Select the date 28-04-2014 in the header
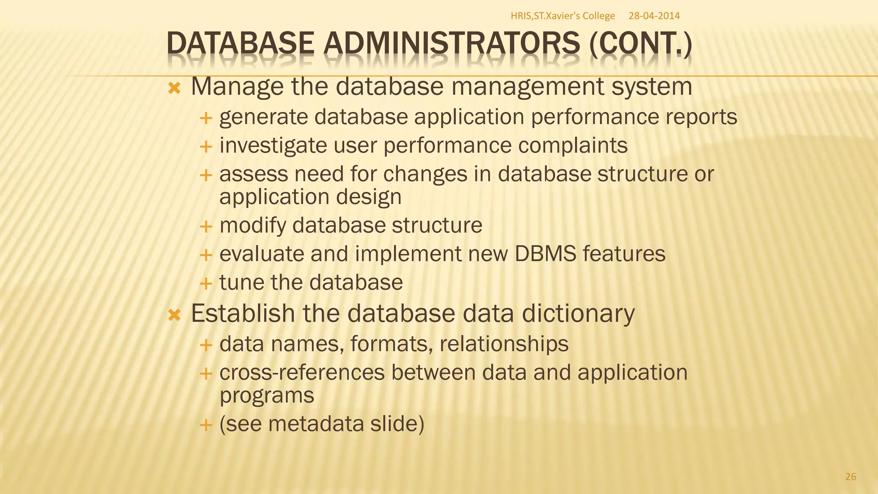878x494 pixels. [654, 16]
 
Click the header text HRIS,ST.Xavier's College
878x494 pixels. [562, 16]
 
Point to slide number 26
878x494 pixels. [851, 476]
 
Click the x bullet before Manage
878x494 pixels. [174, 89]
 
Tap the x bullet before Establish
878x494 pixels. [174, 316]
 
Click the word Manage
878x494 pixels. [237, 87]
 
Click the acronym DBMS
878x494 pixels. [545, 254]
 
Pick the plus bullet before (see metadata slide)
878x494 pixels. [206, 425]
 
